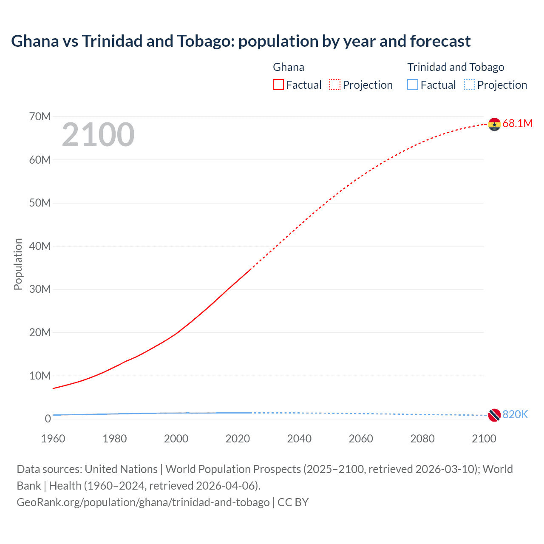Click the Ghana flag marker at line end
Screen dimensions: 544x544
click(x=494, y=124)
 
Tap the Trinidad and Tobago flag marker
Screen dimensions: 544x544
click(x=494, y=415)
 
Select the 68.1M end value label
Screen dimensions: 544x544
click(x=517, y=124)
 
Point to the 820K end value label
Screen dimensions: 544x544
click(x=515, y=414)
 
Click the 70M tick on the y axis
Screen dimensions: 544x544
click(x=40, y=116)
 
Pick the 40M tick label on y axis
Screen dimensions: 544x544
click(x=40, y=246)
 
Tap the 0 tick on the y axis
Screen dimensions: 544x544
click(x=48, y=419)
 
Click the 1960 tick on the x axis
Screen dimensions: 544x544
click(x=53, y=439)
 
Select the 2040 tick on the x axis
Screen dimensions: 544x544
click(x=299, y=439)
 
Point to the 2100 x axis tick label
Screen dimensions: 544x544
click(x=484, y=439)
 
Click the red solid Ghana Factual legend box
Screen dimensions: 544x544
click(x=278, y=85)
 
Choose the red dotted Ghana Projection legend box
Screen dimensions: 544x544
click(x=335, y=85)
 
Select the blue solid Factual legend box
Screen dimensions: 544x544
click(x=413, y=85)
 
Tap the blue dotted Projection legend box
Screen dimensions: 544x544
click(x=470, y=85)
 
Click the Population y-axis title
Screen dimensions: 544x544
click(x=18, y=264)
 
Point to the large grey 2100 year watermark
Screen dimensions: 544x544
click(x=98, y=135)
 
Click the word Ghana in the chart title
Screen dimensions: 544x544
click(x=35, y=41)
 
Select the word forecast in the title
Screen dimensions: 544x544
click(x=440, y=41)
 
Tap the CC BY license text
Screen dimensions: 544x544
click(x=293, y=502)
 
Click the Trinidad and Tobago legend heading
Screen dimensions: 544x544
click(x=456, y=67)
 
